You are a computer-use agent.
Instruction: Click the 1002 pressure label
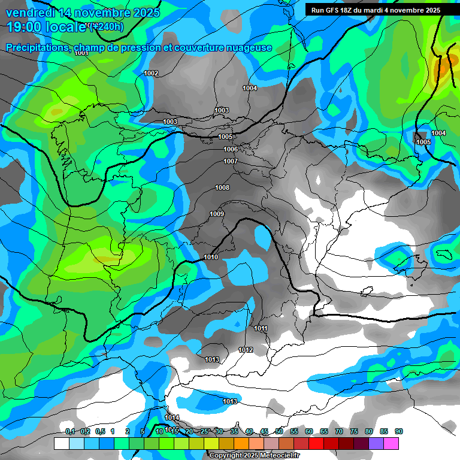pyautogui.click(x=151, y=73)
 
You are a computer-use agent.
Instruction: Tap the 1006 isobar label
pyautogui.click(x=231, y=149)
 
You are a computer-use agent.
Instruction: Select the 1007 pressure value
pyautogui.click(x=231, y=161)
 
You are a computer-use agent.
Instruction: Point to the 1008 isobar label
pyautogui.click(x=222, y=187)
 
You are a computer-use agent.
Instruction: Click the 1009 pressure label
pyautogui.click(x=217, y=214)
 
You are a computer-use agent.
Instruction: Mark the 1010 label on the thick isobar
pyautogui.click(x=211, y=257)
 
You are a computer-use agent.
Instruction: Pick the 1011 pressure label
pyautogui.click(x=261, y=328)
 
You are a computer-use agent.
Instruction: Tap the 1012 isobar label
pyautogui.click(x=246, y=350)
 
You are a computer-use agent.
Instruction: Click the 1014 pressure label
pyautogui.click(x=172, y=417)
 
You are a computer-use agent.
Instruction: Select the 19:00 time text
pyautogui.click(x=25, y=27)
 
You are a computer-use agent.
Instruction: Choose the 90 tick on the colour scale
pyautogui.click(x=399, y=431)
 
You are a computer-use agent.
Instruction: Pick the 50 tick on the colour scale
pyautogui.click(x=279, y=431)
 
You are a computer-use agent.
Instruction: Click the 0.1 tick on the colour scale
pyautogui.click(x=69, y=431)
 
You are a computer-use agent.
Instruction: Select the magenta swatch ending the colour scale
pyautogui.click(x=391, y=443)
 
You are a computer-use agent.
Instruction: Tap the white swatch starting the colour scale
pyautogui.click(x=61, y=443)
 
